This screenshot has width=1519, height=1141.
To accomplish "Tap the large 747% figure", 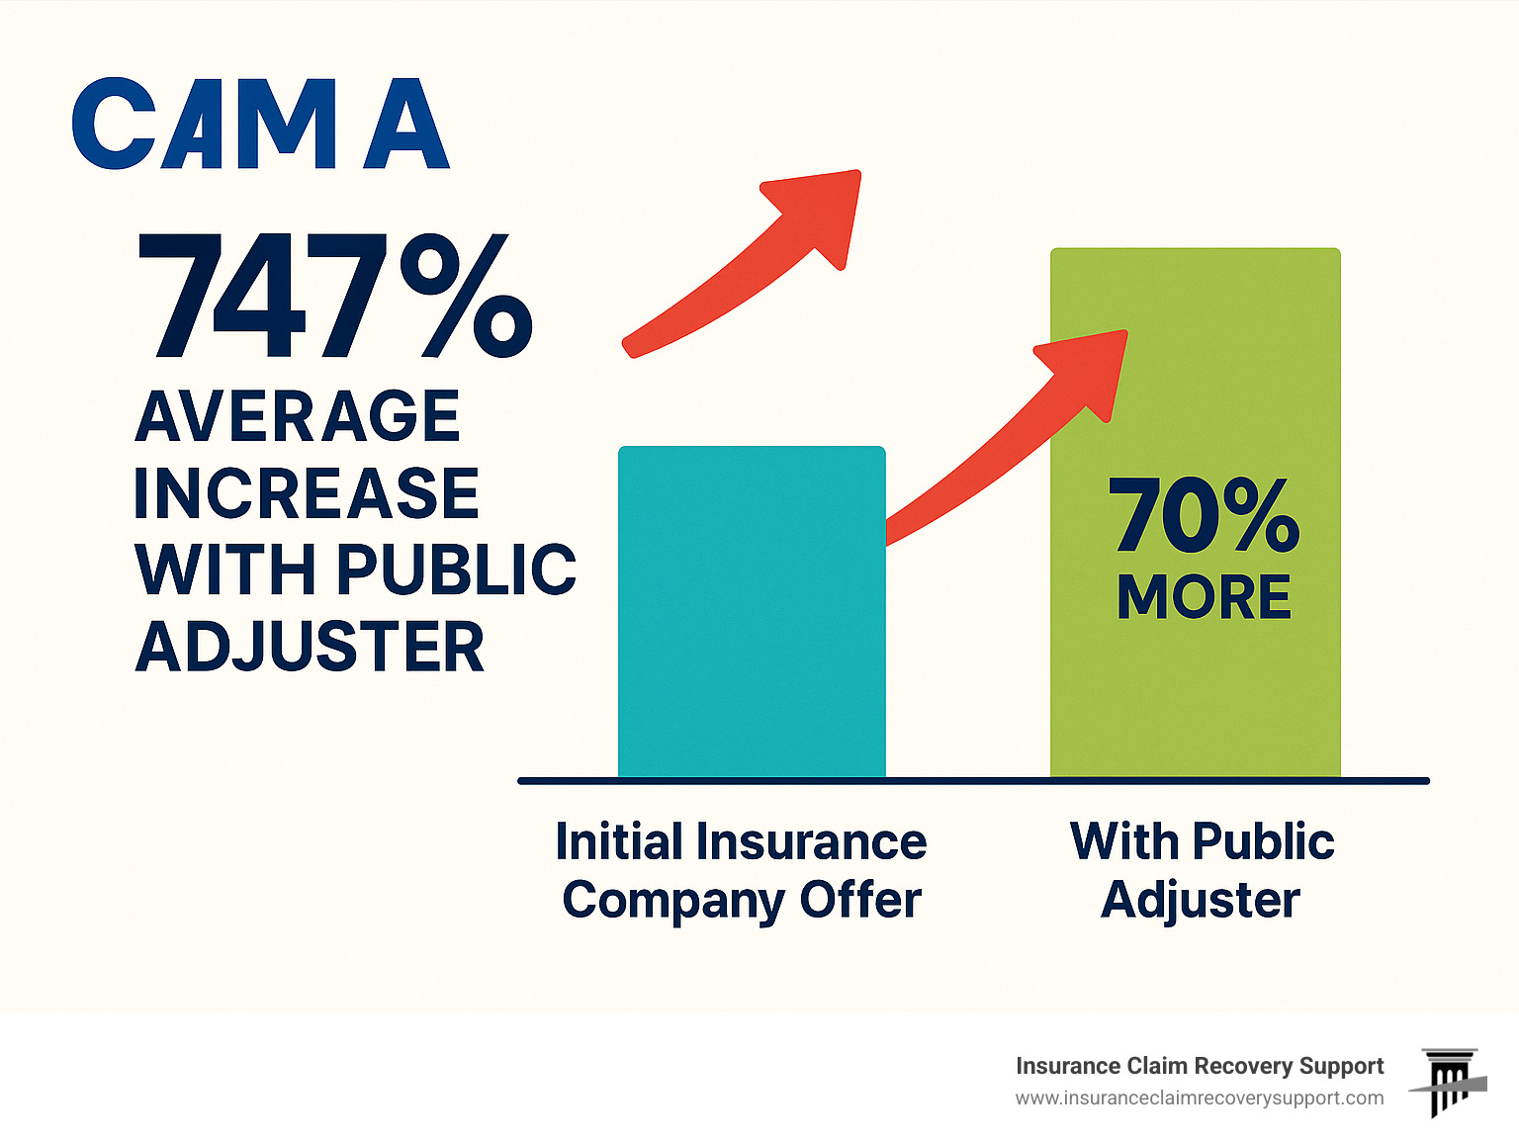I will (333, 297).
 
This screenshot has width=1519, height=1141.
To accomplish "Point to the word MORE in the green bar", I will (1204, 597).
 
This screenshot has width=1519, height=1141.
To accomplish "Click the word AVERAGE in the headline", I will (298, 416).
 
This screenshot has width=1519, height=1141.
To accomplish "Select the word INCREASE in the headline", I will (307, 493).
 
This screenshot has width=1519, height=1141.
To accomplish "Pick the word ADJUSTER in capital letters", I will (310, 648).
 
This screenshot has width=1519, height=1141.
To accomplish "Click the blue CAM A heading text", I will (261, 125).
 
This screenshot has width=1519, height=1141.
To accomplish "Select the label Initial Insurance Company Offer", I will (741, 871).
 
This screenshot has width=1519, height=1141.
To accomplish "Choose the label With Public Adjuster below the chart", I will (1202, 871).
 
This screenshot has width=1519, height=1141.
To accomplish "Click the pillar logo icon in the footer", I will (1449, 1083).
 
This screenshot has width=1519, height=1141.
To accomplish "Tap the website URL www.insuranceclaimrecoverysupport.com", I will (1199, 1098).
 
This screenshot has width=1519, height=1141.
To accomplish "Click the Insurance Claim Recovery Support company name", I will (1199, 1066).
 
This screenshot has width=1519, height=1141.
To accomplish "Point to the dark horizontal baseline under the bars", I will (973, 781).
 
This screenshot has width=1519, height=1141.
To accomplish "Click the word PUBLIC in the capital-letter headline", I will (457, 570).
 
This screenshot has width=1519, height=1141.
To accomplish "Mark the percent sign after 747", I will (465, 297).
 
